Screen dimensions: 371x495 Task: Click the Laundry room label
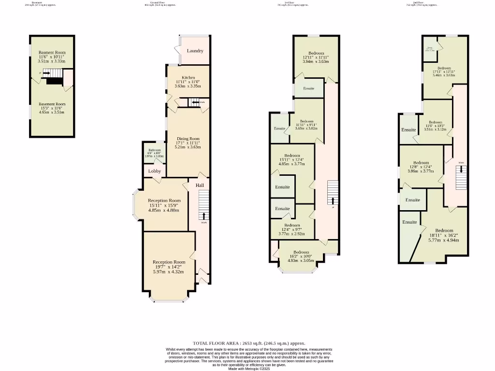point(195,51)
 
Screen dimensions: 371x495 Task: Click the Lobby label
point(155,171)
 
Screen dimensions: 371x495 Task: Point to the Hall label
point(200,185)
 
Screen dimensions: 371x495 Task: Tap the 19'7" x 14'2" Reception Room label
point(169,267)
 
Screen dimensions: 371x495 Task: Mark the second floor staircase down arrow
point(461,170)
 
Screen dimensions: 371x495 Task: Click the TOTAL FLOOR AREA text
point(249,343)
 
